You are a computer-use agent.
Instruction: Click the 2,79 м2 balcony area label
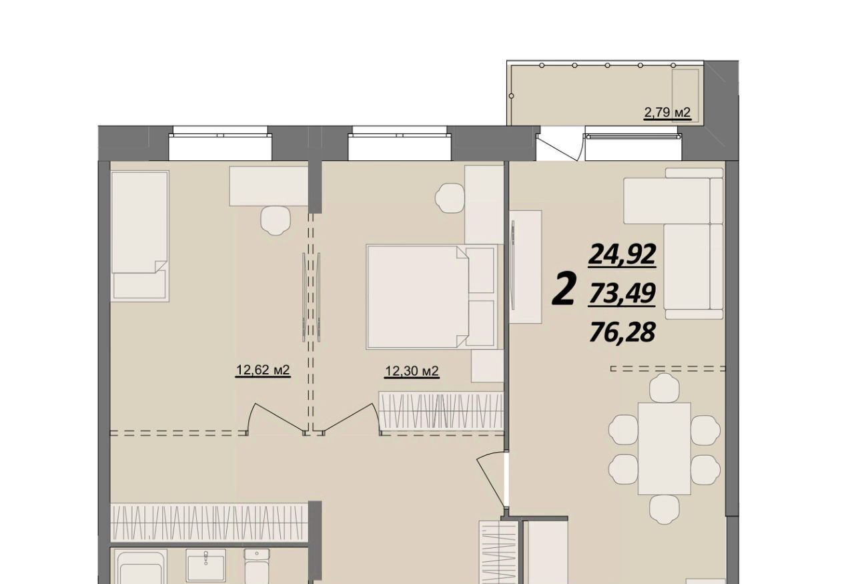667,113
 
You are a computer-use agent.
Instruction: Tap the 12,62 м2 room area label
263,370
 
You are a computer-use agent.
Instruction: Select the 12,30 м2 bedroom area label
412,371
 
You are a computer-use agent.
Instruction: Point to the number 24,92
622,254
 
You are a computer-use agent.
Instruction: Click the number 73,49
622,294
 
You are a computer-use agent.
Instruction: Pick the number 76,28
622,332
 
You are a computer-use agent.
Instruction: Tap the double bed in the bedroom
432,297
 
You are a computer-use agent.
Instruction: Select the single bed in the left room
139,236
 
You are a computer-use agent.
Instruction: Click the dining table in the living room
664,449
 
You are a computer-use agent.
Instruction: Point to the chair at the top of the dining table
665,388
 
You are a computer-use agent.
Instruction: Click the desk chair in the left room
276,220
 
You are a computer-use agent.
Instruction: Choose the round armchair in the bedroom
450,198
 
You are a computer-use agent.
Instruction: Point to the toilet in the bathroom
257,567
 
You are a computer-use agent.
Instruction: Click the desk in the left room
268,186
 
